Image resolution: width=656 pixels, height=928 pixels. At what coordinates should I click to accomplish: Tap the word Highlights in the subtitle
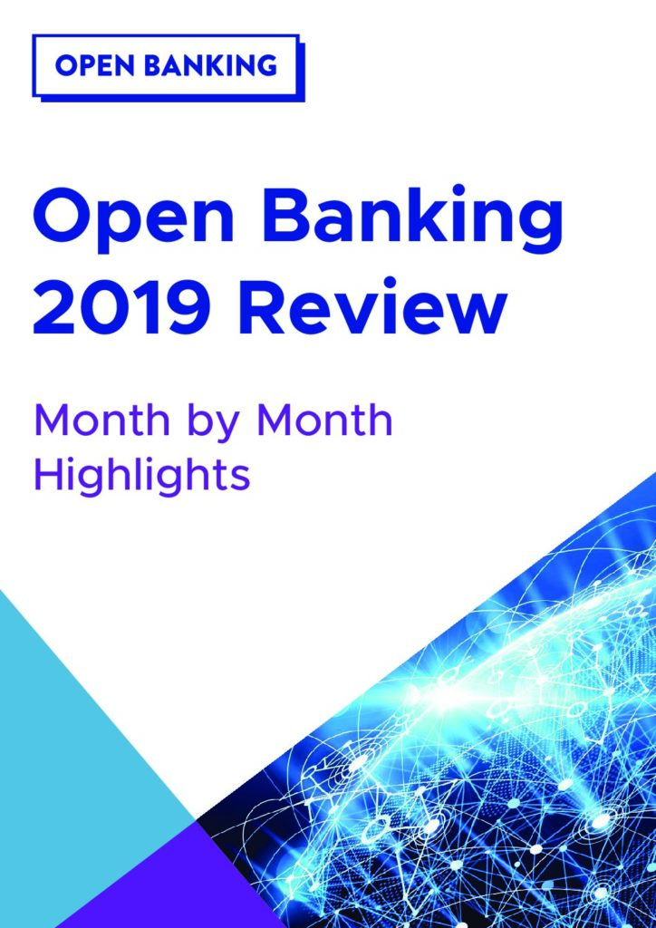pyautogui.click(x=142, y=475)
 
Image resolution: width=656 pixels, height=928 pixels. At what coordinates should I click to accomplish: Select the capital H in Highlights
pyautogui.click(x=49, y=475)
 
